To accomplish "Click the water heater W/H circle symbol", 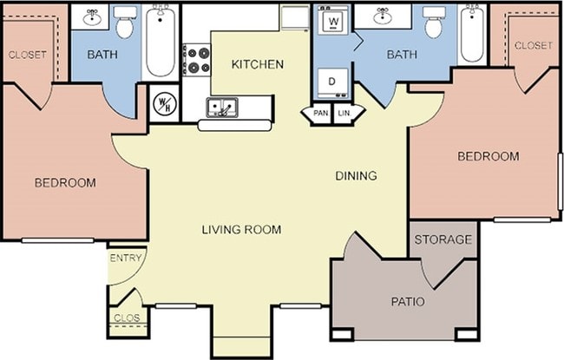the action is (165, 103).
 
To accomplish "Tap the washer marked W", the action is (333, 21).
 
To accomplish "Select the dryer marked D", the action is (333, 83).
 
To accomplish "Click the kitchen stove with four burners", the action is (196, 60).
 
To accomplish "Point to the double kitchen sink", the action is (221, 108).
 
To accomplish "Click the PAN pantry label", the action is (320, 113).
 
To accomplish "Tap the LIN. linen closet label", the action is (344, 113).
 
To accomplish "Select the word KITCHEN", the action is (258, 64).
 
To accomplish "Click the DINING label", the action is (356, 175).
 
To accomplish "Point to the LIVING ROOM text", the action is (241, 230).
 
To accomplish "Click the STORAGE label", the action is (443, 239).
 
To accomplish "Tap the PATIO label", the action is (408, 301).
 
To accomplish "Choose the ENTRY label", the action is (126, 258).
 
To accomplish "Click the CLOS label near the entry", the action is (127, 317).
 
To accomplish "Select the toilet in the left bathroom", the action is (125, 23).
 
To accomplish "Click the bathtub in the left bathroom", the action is (161, 41).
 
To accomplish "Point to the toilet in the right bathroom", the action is (435, 23).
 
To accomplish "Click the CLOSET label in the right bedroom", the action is (533, 45).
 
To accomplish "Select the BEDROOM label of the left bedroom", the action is (65, 183).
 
